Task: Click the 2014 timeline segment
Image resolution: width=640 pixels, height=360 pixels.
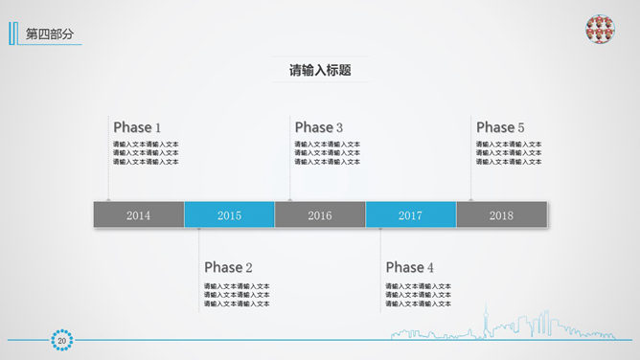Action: [138, 215]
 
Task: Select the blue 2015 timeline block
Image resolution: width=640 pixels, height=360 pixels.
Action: [229, 215]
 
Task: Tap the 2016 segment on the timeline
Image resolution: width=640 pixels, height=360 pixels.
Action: [320, 215]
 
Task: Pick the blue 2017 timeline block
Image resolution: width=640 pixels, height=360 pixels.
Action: [410, 215]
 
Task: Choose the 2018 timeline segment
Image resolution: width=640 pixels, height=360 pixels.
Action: [501, 215]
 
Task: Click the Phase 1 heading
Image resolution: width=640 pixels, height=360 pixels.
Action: [137, 127]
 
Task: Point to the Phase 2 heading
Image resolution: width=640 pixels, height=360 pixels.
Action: [228, 267]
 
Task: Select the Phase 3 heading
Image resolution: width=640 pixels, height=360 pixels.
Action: [319, 127]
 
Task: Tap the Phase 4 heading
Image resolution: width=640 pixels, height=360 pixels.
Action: [410, 267]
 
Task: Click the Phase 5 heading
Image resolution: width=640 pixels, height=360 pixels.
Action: [500, 127]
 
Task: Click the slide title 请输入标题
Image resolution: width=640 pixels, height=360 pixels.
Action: [320, 70]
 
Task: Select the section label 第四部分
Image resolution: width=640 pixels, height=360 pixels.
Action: [49, 34]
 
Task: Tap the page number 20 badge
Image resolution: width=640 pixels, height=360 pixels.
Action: [62, 340]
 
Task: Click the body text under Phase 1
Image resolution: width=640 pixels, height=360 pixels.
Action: [146, 153]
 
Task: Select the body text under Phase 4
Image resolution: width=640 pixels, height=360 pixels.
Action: [419, 295]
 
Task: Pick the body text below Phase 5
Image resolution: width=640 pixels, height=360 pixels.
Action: [509, 153]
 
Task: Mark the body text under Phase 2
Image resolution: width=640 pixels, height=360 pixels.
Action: [237, 295]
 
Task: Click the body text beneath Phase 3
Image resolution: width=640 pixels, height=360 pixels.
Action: [328, 153]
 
